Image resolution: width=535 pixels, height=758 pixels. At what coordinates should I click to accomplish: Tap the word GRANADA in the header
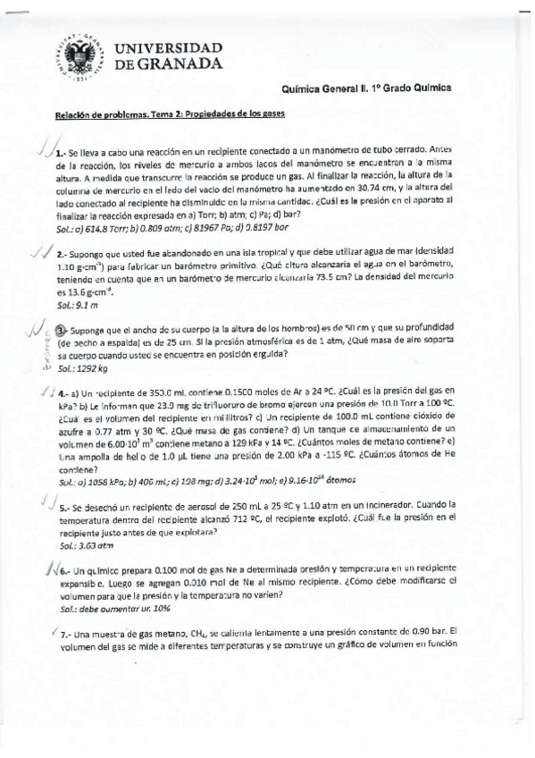tap(182, 64)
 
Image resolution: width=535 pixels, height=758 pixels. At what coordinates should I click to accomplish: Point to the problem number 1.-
tap(61, 153)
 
